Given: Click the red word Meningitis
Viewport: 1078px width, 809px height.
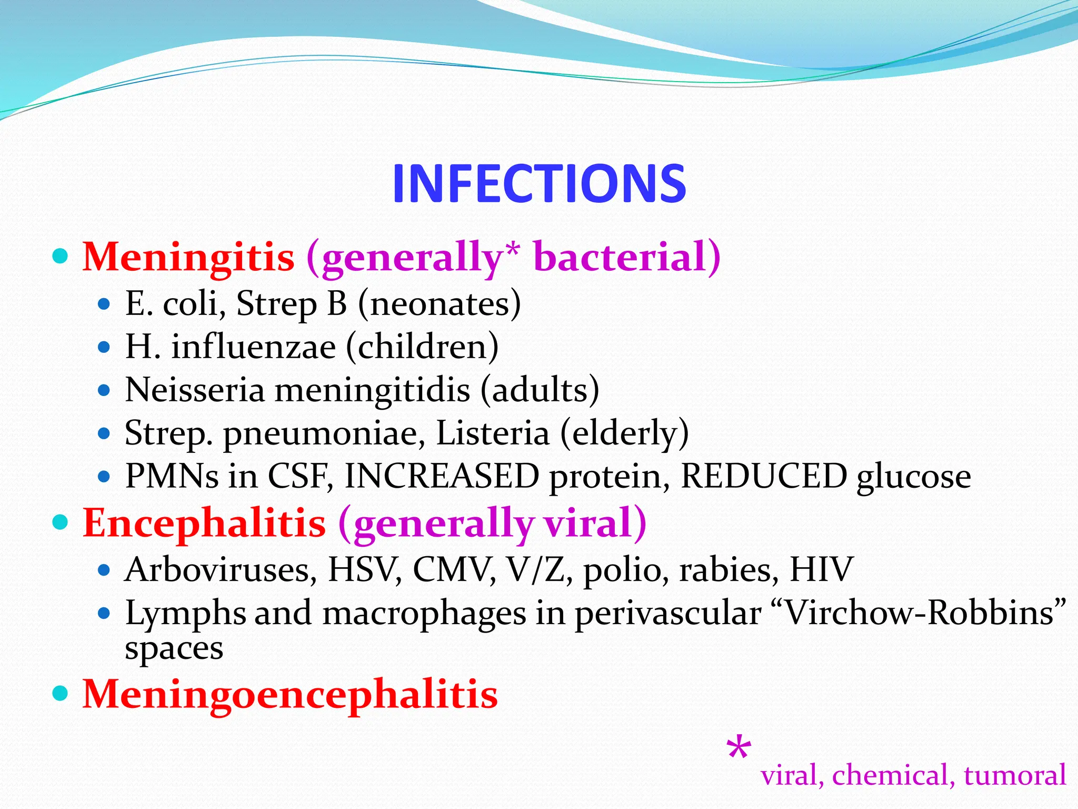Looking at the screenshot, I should tap(188, 257).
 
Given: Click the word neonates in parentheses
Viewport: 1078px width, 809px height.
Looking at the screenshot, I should tap(439, 304).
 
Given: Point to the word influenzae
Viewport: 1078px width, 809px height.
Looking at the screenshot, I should tap(253, 347).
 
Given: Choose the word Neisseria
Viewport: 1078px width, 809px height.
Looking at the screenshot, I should tap(194, 390).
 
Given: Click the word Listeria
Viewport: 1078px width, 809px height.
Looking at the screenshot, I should tap(493, 433).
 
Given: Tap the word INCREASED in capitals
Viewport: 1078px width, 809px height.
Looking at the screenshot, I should tap(442, 476).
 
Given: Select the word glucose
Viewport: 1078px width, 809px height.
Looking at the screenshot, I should tap(914, 477).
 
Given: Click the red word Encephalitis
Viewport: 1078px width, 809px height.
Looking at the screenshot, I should tap(204, 524).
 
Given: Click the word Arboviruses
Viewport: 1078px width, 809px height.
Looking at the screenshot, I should tap(221, 570).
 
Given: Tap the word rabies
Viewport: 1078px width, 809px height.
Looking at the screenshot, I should tap(728, 570).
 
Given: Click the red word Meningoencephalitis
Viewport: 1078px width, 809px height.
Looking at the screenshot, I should tap(290, 694).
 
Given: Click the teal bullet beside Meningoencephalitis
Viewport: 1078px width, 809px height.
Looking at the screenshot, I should tap(61, 693).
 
